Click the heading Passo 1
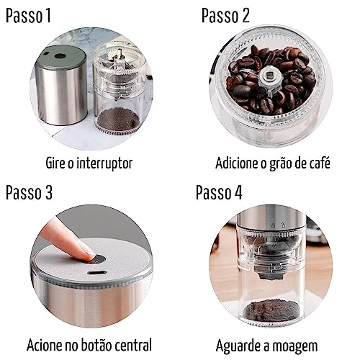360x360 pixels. tap(28, 15)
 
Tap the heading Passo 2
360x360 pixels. tap(226, 15)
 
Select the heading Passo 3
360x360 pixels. tap(30, 192)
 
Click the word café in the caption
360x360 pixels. tap(318, 163)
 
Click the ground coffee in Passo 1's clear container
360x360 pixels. tap(117, 119)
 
